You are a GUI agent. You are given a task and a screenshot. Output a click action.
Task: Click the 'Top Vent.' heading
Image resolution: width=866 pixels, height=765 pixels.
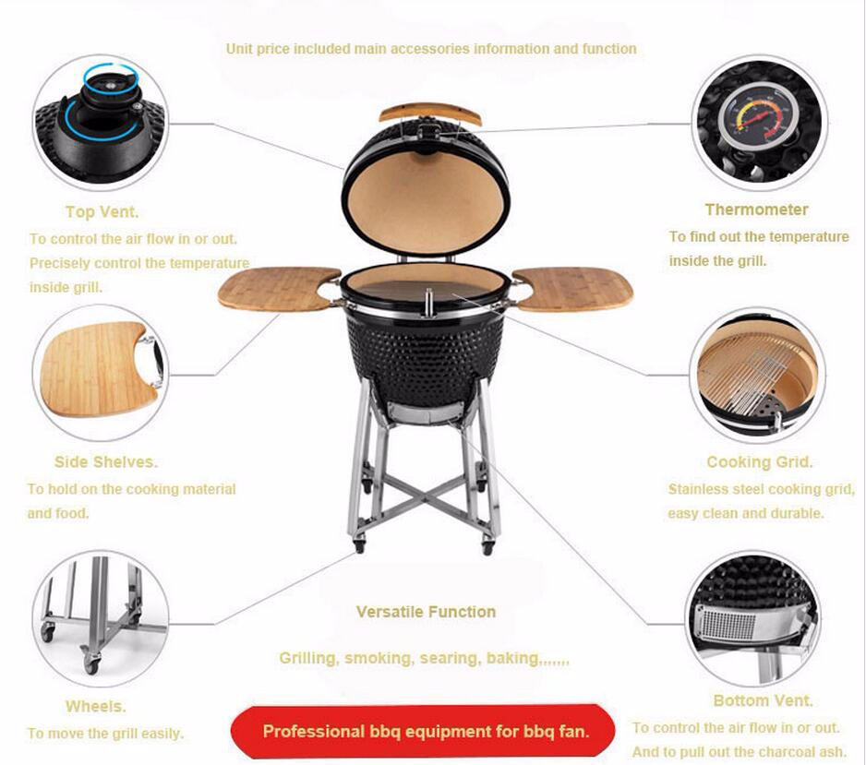click(102, 212)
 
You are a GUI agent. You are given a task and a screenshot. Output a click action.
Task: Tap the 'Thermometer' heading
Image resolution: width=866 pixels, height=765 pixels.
click(757, 209)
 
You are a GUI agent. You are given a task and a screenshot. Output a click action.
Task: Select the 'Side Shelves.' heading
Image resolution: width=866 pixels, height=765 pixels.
click(106, 462)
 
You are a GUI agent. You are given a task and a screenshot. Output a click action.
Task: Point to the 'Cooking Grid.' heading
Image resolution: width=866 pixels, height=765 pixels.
click(760, 462)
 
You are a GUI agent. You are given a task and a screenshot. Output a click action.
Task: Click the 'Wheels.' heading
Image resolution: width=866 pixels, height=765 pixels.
click(95, 706)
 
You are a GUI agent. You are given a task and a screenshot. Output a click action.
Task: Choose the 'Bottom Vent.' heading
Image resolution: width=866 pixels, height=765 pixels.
click(764, 700)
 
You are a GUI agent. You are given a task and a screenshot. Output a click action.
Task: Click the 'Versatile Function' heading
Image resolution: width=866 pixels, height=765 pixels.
click(426, 612)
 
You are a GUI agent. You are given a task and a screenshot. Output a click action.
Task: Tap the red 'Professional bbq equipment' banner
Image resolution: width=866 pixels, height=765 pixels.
click(423, 732)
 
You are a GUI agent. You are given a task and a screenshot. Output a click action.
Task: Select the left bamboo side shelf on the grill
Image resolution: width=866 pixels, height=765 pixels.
click(279, 289)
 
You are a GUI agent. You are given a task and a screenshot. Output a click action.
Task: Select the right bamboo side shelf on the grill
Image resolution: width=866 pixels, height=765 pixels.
click(573, 289)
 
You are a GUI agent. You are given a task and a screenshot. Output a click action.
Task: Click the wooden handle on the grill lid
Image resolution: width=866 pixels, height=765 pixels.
click(429, 114)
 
